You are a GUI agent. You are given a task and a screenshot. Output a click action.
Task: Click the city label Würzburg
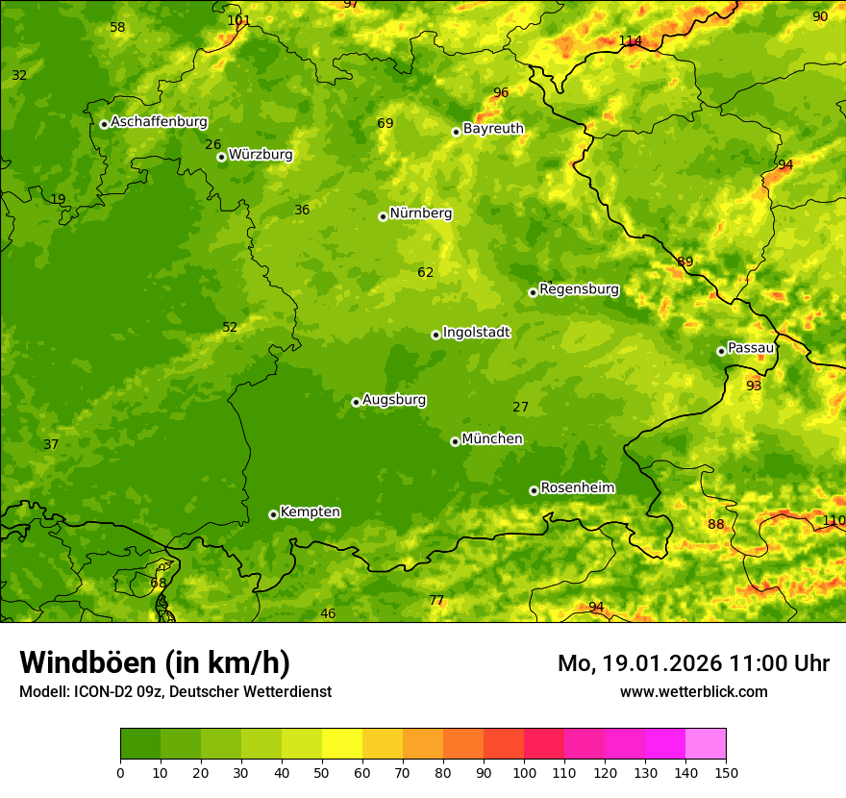click(x=261, y=155)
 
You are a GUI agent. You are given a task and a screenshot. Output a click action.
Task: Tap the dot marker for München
click(x=455, y=441)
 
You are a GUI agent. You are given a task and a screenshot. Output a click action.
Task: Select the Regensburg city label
click(x=579, y=289)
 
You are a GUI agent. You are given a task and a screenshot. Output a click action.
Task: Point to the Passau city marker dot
click(x=721, y=351)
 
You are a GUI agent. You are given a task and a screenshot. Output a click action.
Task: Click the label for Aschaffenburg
click(x=159, y=122)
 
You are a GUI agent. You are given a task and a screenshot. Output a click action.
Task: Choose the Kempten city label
click(x=310, y=512)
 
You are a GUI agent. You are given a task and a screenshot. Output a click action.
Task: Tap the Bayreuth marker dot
click(x=456, y=132)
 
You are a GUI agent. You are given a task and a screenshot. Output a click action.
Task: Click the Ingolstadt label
click(x=476, y=333)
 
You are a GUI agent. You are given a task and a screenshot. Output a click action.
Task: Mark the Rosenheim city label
click(x=577, y=488)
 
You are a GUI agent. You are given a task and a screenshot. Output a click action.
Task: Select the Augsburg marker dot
click(x=356, y=402)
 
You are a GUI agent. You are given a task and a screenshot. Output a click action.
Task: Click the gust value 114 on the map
click(x=630, y=40)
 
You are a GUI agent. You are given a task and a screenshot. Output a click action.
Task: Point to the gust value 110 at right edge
click(x=834, y=520)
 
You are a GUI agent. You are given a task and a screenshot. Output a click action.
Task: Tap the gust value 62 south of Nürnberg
click(x=425, y=273)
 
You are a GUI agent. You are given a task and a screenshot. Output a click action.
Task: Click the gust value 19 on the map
click(x=58, y=200)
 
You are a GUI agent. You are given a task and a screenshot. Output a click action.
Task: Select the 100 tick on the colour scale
click(x=524, y=772)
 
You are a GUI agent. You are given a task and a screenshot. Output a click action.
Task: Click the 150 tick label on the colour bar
click(x=726, y=772)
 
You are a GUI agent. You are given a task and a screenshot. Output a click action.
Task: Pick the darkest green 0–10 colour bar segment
click(x=140, y=743)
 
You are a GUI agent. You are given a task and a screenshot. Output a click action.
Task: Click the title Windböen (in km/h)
click(x=155, y=662)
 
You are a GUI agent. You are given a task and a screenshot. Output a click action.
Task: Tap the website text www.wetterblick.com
click(x=693, y=691)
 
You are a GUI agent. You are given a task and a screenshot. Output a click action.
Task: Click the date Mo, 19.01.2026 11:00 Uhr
click(x=693, y=663)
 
